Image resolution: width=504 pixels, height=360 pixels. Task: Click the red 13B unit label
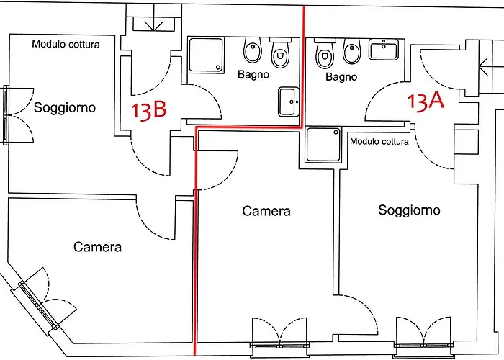click(x=149, y=110)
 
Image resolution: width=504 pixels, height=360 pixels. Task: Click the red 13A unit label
click(x=426, y=102)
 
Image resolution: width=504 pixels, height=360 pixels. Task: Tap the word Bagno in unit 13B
click(x=253, y=75)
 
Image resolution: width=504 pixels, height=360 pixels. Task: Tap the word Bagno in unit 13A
click(x=341, y=77)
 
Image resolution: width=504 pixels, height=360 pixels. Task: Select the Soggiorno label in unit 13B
click(x=65, y=107)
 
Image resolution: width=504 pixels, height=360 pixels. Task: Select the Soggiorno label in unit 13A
click(x=409, y=210)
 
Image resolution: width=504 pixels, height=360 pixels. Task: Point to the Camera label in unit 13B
click(x=97, y=247)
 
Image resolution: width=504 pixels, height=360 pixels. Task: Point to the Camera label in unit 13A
click(x=266, y=211)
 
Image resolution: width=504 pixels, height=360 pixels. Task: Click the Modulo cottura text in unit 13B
click(x=66, y=44)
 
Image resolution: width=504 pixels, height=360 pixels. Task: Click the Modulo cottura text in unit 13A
click(x=379, y=141)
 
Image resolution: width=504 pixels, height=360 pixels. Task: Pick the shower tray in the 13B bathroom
click(x=206, y=55)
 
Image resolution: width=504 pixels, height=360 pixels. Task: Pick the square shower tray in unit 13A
click(x=323, y=144)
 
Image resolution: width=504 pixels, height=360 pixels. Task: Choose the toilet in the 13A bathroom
click(x=325, y=53)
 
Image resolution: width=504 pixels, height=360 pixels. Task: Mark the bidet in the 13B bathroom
click(x=252, y=50)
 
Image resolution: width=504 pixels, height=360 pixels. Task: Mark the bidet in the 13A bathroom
click(x=352, y=51)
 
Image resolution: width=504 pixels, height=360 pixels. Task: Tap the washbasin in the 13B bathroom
click(x=289, y=102)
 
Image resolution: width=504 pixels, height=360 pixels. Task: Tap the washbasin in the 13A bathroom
click(x=384, y=49)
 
